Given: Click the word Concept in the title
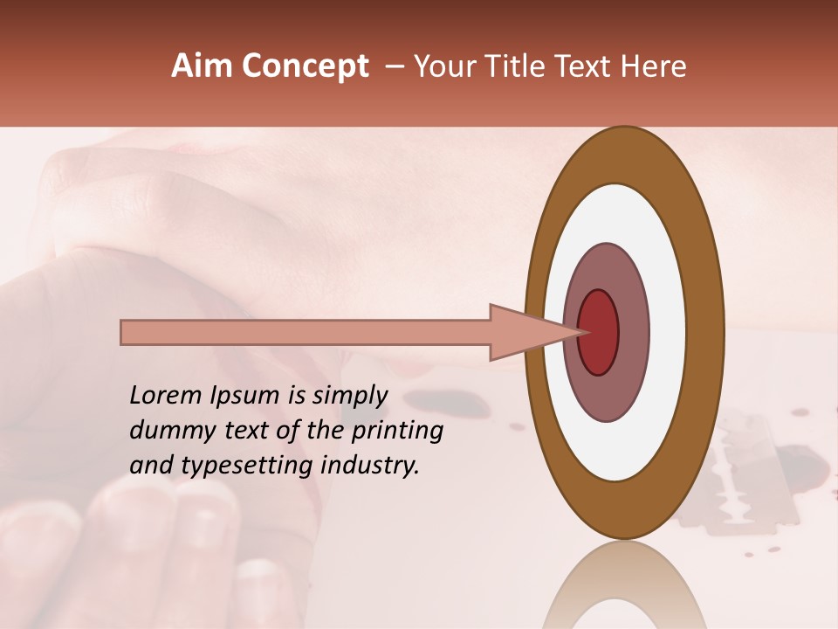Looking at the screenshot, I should [304, 66].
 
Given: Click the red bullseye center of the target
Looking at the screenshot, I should [599, 332].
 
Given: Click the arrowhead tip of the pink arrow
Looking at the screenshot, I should [583, 332].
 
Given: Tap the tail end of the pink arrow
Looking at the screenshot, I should [123, 332].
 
